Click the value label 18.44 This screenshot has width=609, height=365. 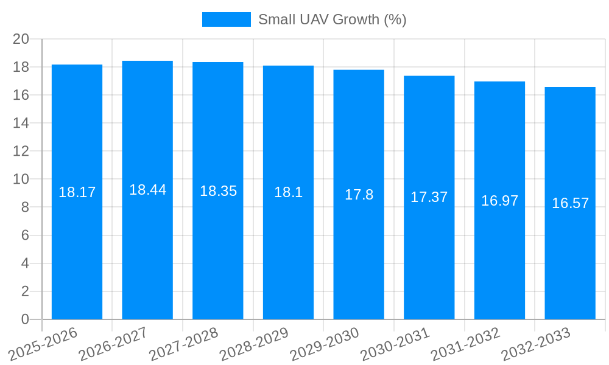click(147, 190)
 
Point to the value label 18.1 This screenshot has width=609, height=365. click(288, 192)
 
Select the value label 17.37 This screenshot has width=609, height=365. click(429, 197)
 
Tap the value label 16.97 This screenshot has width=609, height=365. click(499, 201)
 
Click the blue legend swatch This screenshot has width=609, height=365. click(226, 19)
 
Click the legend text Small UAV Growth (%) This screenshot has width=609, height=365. click(332, 19)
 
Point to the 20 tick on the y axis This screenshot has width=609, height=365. click(21, 39)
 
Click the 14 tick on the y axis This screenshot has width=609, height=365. click(21, 123)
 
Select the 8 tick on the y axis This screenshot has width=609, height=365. click(25, 207)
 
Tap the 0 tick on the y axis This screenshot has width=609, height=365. click(25, 319)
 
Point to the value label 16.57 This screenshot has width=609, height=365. click(570, 203)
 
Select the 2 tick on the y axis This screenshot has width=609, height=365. click(25, 291)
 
